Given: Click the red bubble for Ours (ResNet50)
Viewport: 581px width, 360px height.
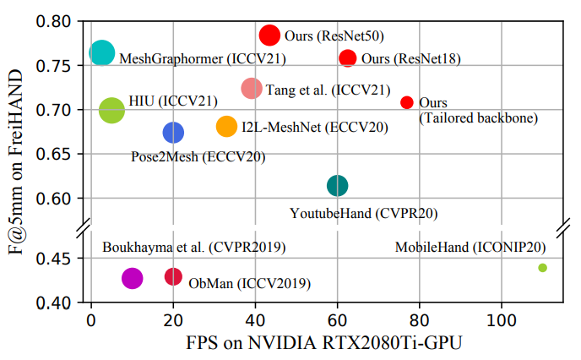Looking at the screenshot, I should [269, 35].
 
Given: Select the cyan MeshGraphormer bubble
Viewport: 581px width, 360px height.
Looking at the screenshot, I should [102, 53].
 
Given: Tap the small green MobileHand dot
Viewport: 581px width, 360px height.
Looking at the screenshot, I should [543, 268].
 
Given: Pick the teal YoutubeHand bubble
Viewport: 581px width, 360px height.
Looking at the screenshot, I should [337, 186].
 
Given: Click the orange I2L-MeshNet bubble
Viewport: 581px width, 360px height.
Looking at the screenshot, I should [227, 127].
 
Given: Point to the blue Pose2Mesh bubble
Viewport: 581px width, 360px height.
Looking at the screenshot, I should [173, 132].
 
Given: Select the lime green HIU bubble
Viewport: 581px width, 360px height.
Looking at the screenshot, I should [111, 110].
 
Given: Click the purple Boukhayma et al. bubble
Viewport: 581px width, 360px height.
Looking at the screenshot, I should [133, 278].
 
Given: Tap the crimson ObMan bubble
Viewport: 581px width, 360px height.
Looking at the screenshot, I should [173, 276].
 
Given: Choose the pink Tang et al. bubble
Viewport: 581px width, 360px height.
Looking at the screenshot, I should [252, 88].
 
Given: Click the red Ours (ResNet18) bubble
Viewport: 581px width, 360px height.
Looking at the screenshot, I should [348, 58].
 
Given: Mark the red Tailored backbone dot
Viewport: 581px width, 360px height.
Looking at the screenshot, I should [407, 102].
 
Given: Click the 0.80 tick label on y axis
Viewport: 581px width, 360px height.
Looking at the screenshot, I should [56, 21].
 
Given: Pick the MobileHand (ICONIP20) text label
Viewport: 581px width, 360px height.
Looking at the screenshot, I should [470, 248].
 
